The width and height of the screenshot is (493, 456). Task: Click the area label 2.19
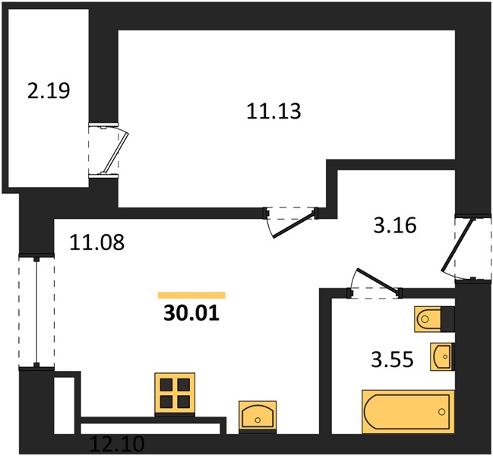coord(49,91)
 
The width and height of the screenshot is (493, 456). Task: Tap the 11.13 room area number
coord(273,111)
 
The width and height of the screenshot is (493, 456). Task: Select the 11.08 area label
coord(96,242)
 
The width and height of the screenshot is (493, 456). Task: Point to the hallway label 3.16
coord(395,225)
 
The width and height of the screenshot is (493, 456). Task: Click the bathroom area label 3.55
coord(392,359)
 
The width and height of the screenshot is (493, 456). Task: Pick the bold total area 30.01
coord(191,314)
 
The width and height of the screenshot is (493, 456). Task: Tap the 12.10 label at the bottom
coord(117,443)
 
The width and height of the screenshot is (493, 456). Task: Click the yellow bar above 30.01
coord(191,295)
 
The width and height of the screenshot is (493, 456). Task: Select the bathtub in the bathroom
coord(408,412)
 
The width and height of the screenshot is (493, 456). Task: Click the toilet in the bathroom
coord(428,319)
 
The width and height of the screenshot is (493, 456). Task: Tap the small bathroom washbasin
coord(442,356)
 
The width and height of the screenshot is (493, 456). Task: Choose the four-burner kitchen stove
coord(175,394)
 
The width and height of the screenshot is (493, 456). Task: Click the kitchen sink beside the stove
coord(258,416)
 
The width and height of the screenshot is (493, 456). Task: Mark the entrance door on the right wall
coord(466,247)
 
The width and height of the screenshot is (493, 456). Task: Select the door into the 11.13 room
coord(291,222)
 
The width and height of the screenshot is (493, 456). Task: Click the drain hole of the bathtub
coord(442,411)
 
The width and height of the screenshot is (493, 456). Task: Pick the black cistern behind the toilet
coord(447,319)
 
